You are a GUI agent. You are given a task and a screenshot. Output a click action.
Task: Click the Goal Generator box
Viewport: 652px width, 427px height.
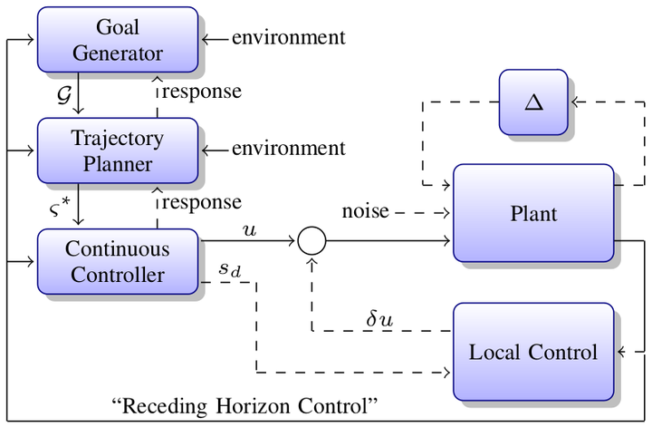coord(118,40)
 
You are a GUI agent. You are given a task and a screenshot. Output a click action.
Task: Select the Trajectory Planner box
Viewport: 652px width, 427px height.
coord(118,150)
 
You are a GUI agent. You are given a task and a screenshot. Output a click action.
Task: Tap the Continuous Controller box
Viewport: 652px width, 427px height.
coord(118,261)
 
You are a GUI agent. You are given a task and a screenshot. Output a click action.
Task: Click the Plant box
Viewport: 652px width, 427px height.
coord(533,213)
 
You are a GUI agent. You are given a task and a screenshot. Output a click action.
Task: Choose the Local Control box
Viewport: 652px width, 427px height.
coord(533,352)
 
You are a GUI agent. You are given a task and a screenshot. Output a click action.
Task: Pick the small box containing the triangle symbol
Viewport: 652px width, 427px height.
coord(533,102)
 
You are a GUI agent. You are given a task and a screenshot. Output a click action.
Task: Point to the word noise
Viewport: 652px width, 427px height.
coord(366,211)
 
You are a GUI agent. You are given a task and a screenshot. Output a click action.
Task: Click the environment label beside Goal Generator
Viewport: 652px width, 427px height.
coord(289,37)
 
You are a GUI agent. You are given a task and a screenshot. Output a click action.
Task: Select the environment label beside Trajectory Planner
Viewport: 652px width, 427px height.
coord(289,149)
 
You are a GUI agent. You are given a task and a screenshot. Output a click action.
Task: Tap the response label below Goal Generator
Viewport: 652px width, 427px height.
coord(202,92)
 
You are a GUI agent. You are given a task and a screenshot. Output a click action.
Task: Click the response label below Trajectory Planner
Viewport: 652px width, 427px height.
coord(202,203)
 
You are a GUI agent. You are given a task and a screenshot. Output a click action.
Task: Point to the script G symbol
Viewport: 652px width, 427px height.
coord(64,95)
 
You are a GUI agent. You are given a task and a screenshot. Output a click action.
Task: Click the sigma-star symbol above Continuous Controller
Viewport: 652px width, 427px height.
coord(60,207)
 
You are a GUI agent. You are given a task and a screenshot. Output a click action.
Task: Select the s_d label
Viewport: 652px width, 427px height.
coord(230,269)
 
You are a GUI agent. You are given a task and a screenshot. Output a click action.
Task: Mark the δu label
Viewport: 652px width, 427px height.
coord(379,320)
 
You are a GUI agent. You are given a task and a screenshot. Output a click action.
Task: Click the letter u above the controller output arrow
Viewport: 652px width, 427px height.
coord(250,230)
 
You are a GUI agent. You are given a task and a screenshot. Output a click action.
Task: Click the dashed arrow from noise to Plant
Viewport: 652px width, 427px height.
coord(422,213)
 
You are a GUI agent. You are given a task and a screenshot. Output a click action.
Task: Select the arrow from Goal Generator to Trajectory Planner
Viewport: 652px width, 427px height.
coord(78,93)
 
